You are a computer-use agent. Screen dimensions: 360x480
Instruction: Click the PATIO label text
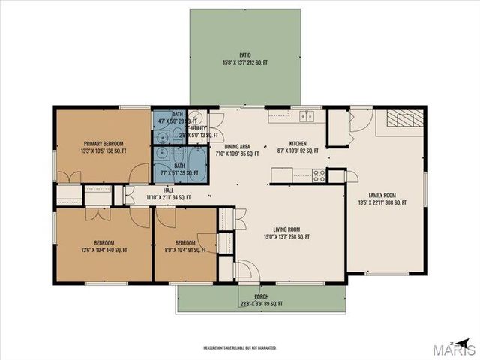click(244, 55)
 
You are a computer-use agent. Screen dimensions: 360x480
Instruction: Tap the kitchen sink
click(306, 116)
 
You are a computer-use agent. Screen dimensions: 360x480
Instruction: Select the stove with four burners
click(318, 175)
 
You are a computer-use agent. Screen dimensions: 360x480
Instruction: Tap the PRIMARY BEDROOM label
click(103, 143)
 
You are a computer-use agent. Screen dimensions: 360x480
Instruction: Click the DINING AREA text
click(232, 147)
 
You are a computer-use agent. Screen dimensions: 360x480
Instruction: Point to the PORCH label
click(261, 296)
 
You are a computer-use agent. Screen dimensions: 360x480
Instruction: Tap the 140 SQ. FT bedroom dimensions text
click(103, 250)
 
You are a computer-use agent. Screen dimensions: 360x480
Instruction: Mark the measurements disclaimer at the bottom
click(240, 348)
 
